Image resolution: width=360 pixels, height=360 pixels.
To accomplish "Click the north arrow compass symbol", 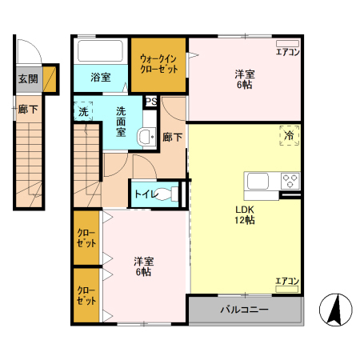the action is (336, 310).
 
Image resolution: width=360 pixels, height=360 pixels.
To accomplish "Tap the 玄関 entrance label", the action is (28, 79).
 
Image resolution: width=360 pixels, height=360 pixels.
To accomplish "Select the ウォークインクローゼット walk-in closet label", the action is (158, 64).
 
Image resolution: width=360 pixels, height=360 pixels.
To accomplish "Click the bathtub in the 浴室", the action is (100, 50).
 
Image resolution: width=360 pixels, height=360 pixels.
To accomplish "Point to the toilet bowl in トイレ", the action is (166, 194).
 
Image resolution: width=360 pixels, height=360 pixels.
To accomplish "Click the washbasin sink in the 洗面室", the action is (146, 137).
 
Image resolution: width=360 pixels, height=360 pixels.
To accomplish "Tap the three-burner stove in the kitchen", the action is (290, 181).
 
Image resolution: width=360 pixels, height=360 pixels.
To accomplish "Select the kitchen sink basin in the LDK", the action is (258, 181).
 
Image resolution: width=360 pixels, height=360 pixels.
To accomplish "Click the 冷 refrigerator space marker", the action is (289, 136).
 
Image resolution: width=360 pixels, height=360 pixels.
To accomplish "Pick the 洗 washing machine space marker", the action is (83, 111).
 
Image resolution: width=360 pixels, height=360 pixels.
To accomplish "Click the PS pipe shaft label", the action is (151, 102).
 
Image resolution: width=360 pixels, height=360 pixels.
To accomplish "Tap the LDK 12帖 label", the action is (245, 215).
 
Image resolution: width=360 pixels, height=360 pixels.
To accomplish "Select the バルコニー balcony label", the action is (244, 310).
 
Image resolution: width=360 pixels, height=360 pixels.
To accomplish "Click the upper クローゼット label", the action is (86, 238).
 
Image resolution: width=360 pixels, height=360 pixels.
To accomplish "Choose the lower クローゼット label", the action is (86, 295).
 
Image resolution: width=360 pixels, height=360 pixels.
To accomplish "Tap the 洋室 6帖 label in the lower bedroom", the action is (144, 266).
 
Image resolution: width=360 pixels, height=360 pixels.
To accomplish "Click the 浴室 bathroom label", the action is (101, 78).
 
